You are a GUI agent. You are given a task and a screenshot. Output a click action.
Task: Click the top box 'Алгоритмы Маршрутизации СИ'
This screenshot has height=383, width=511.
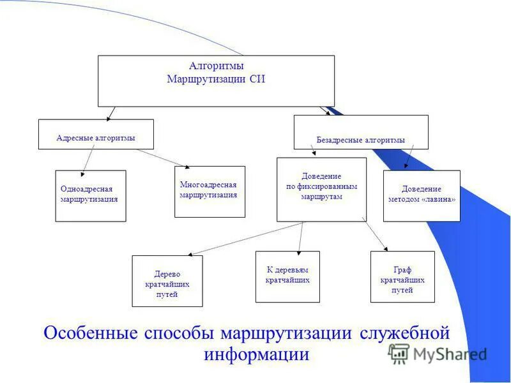pyautogui.click(x=216, y=80)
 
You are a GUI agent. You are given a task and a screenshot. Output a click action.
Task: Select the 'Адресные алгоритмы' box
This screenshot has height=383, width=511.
pyautogui.click(x=96, y=134)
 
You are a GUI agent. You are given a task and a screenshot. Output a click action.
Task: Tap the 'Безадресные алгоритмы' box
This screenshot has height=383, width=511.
pyautogui.click(x=361, y=132)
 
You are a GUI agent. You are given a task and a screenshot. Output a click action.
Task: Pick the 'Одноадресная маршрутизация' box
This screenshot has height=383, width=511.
pyautogui.click(x=91, y=196)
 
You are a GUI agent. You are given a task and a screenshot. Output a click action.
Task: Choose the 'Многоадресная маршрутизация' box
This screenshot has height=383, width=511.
pyautogui.click(x=210, y=191)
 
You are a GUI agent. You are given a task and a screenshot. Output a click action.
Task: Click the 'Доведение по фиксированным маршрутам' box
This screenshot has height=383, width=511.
pyautogui.click(x=321, y=190)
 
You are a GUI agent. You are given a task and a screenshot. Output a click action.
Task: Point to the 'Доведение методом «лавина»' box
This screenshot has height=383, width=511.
pyautogui.click(x=422, y=196)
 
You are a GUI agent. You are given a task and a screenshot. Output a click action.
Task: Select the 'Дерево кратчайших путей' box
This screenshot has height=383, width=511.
pyautogui.click(x=167, y=281)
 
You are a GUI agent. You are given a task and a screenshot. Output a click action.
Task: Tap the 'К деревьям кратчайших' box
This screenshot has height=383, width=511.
pyautogui.click(x=287, y=276)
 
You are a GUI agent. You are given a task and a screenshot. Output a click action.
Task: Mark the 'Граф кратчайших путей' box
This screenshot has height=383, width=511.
pyautogui.click(x=402, y=276)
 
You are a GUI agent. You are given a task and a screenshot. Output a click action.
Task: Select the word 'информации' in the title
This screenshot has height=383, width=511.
pyautogui.click(x=257, y=354)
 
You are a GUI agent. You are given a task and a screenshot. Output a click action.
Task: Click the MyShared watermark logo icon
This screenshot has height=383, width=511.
pyautogui.click(x=399, y=353)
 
